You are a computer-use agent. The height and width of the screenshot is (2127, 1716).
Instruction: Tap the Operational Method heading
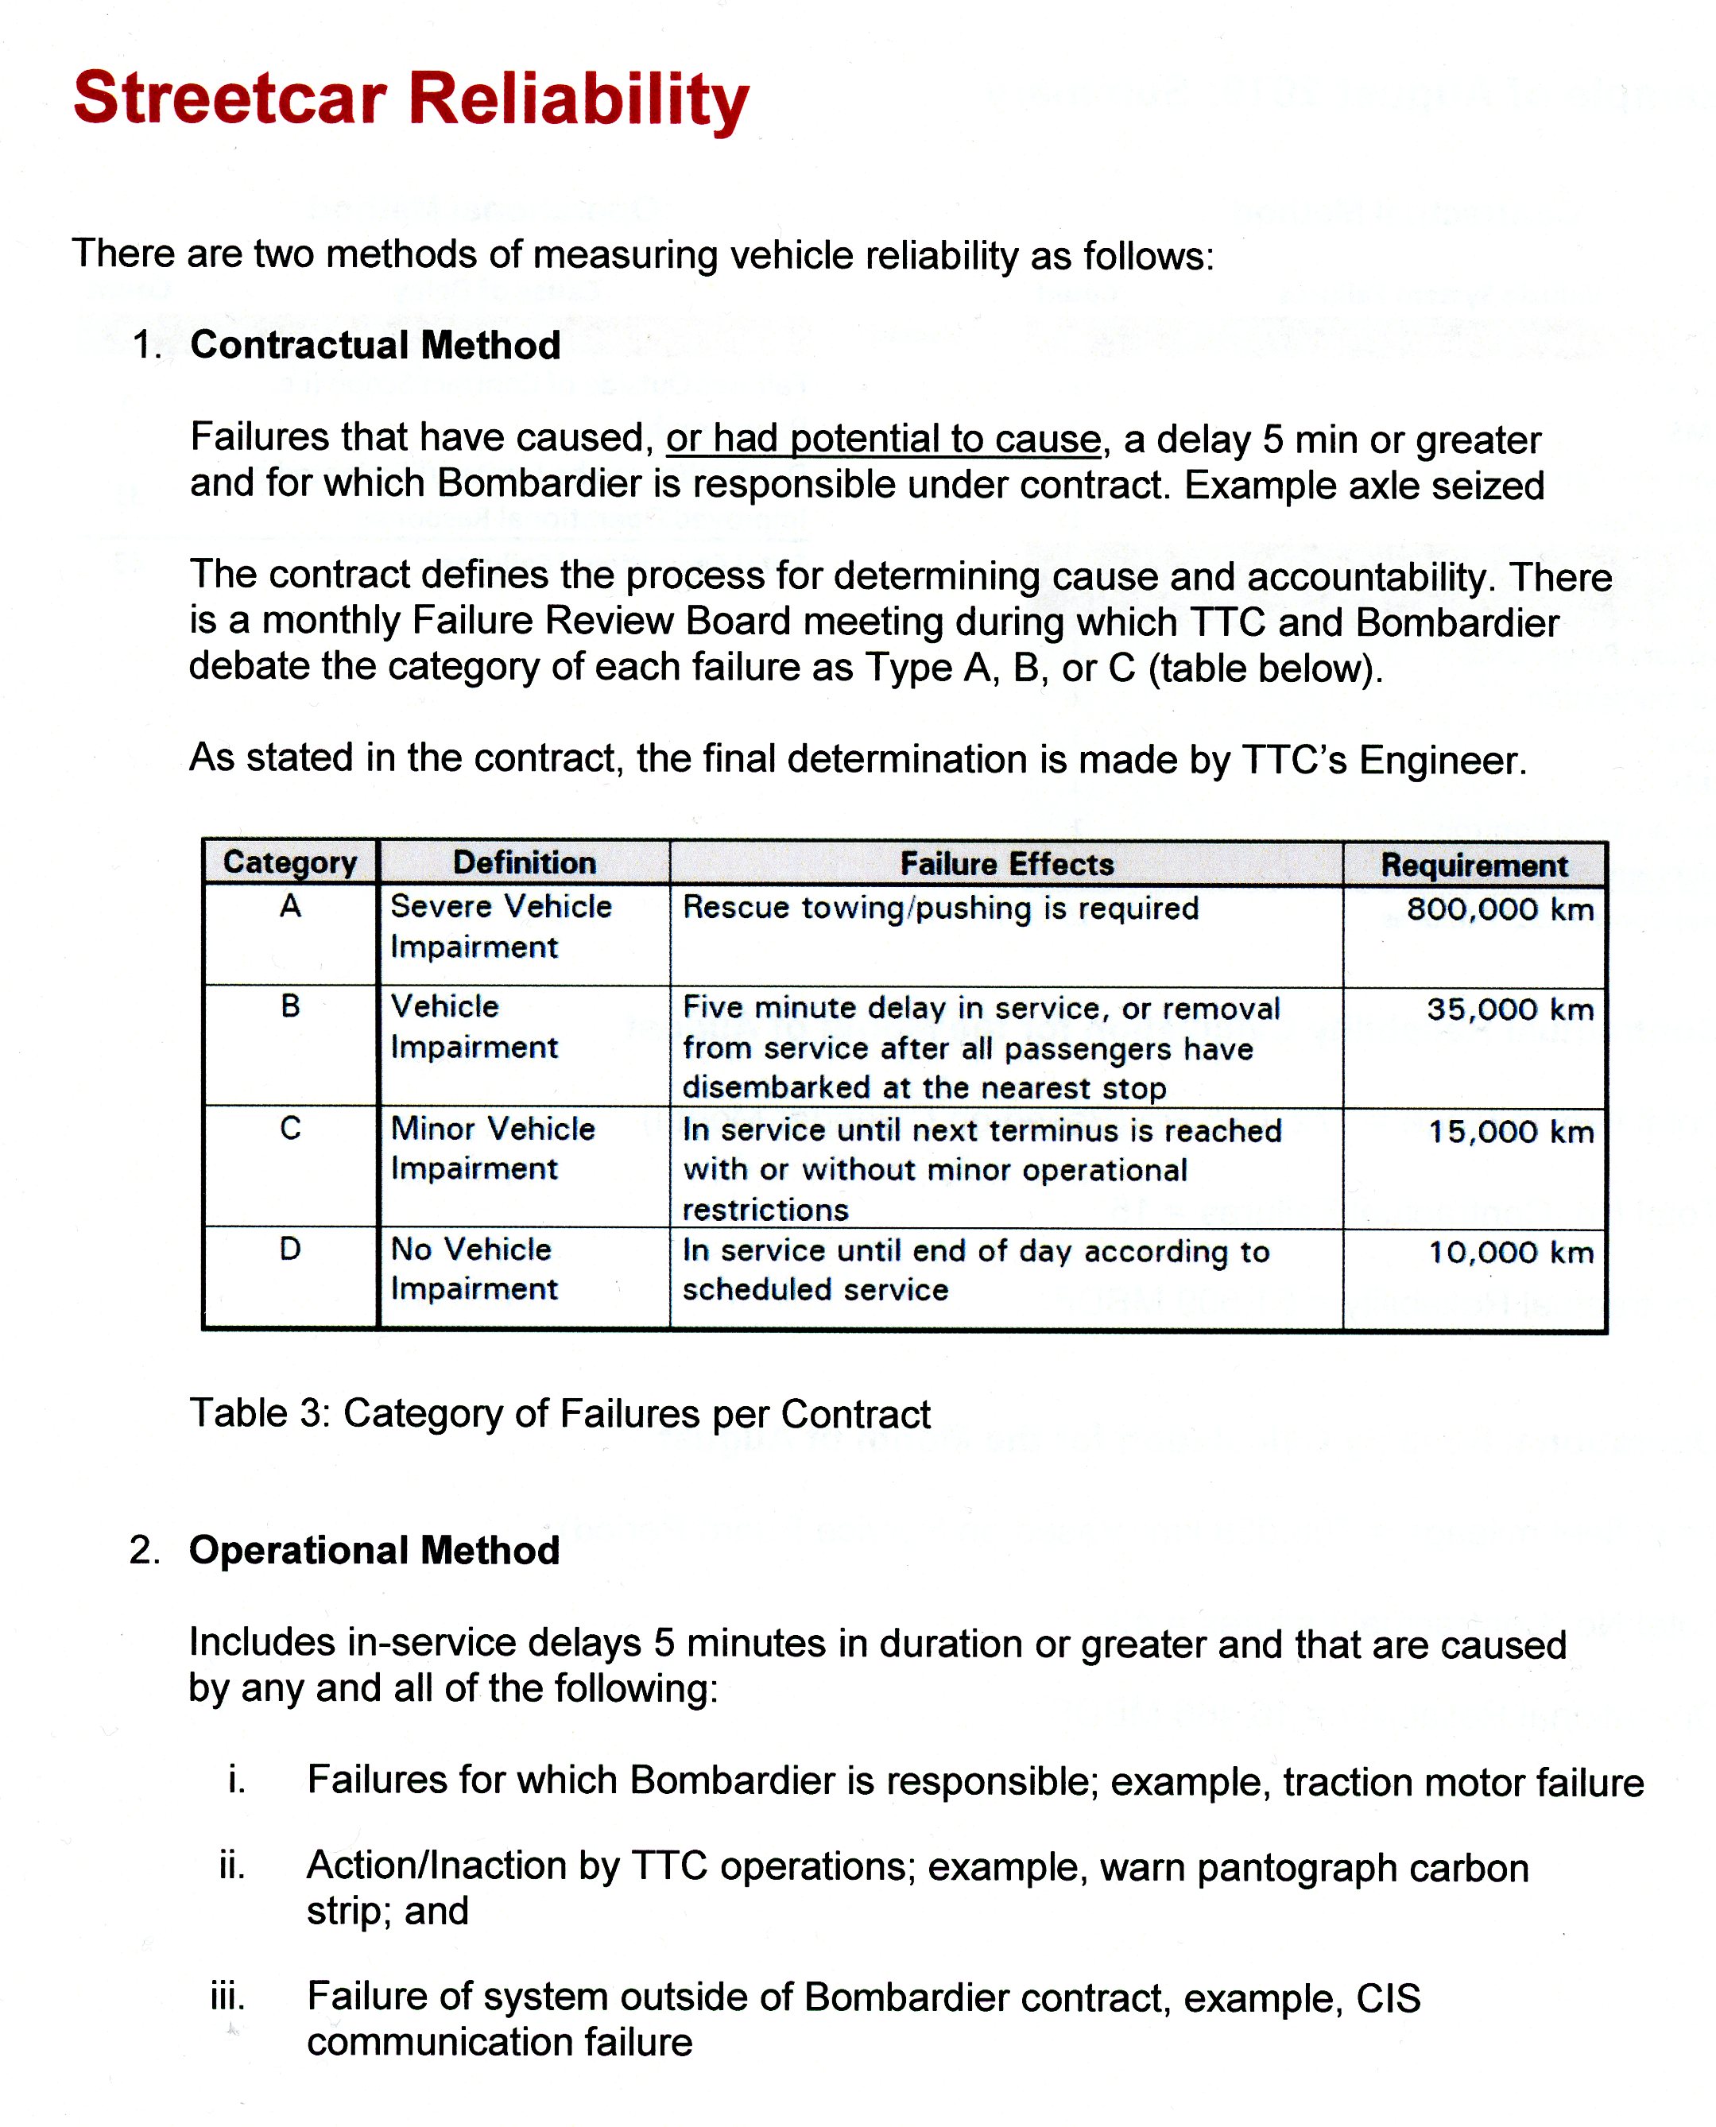tap(374, 1550)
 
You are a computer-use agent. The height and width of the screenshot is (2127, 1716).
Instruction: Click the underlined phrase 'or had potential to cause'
tap(883, 438)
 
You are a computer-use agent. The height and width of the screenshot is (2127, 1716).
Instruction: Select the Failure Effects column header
tap(1006, 864)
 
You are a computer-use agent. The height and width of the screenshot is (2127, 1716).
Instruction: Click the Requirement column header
tap(1474, 865)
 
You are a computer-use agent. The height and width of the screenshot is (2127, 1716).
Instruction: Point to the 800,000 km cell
tap(1500, 909)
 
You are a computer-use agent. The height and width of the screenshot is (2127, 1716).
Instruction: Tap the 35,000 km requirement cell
tap(1509, 1009)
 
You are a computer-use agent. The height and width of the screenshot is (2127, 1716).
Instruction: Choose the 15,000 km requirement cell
tap(1510, 1132)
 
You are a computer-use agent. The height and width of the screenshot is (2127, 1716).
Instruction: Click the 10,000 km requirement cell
tap(1510, 1253)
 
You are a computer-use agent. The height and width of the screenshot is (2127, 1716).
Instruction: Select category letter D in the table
tap(289, 1249)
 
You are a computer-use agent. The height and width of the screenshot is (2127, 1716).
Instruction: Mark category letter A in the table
tap(289, 906)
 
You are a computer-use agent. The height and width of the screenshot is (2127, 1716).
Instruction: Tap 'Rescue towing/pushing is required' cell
tap(940, 908)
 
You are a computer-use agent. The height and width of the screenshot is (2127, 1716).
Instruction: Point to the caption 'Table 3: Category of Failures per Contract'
tap(560, 1413)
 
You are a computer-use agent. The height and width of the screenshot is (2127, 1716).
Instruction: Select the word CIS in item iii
tap(1388, 1997)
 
